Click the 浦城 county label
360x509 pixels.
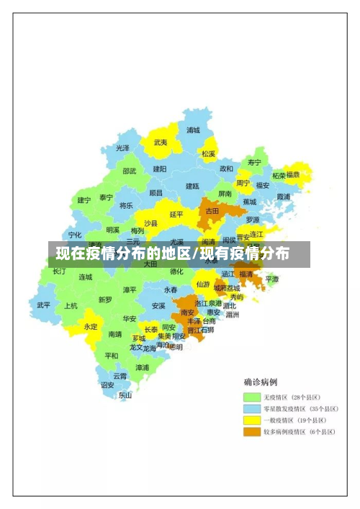pyautogui.click(x=193, y=130)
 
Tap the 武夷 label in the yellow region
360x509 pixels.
pyautogui.click(x=160, y=143)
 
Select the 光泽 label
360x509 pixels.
pyautogui.click(x=122, y=148)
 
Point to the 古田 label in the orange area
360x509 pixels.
pyautogui.click(x=212, y=211)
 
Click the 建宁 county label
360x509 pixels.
pyautogui.click(x=84, y=200)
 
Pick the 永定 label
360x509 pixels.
pyautogui.click(x=91, y=326)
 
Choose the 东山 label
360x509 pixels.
pyautogui.click(x=125, y=395)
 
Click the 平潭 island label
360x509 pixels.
pyautogui.click(x=272, y=279)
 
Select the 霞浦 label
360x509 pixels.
pyautogui.click(x=283, y=196)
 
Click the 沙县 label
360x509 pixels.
pyautogui.click(x=150, y=223)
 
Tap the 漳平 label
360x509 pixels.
pyautogui.click(x=130, y=289)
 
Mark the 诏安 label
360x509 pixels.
pyautogui.click(x=107, y=384)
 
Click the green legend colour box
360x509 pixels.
pyautogui.click(x=251, y=397)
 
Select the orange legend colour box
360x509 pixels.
pyautogui.click(x=251, y=432)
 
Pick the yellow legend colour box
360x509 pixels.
pyautogui.click(x=251, y=420)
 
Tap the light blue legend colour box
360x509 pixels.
pyautogui.click(x=251, y=409)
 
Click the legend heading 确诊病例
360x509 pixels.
pyautogui.click(x=260, y=382)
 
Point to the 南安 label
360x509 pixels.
pyautogui.click(x=188, y=312)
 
